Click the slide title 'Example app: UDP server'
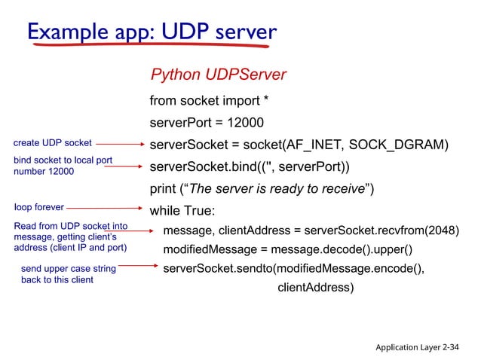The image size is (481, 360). [152, 32]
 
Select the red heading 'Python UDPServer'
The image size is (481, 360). [219, 75]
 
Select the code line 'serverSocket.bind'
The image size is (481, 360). [250, 166]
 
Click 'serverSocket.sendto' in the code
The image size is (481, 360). [216, 268]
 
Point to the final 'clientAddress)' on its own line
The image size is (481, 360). [315, 287]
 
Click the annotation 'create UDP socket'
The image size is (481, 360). [53, 142]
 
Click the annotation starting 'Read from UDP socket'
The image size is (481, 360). [70, 236]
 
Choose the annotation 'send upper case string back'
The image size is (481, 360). [68, 273]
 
